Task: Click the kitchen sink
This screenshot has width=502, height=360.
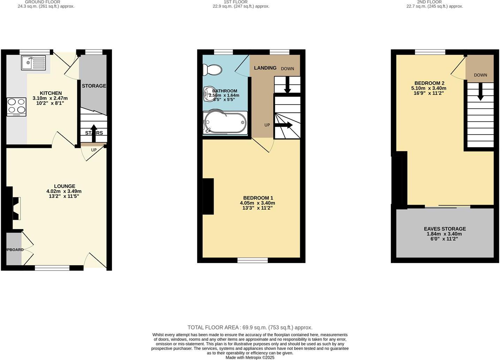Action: (33, 63)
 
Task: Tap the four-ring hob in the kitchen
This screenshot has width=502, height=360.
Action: (16, 106)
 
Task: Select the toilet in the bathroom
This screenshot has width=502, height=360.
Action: (212, 70)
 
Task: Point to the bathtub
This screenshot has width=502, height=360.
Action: (225, 123)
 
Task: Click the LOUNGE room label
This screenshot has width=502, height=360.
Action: (64, 186)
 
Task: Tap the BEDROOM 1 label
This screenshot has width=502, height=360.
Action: (258, 198)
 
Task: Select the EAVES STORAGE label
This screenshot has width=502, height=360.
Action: (445, 229)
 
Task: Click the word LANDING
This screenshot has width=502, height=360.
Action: (265, 68)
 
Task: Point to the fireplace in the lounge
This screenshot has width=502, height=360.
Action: (15, 208)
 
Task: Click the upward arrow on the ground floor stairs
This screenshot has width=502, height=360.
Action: (94, 133)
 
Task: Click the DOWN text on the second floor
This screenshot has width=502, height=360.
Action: (480, 75)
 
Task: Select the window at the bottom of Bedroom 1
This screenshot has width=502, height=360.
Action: (253, 260)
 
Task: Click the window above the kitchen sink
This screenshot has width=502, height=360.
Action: (35, 52)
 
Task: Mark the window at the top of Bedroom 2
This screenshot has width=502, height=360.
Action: (430, 52)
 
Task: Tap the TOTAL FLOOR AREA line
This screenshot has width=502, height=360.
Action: (250, 328)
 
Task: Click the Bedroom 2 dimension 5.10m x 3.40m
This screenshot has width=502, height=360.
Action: (429, 88)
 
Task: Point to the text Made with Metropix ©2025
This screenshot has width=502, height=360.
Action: (250, 358)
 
